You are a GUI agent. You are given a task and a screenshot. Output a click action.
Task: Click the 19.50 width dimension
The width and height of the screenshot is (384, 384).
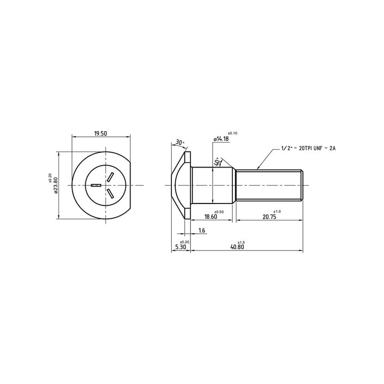click(x=101, y=133)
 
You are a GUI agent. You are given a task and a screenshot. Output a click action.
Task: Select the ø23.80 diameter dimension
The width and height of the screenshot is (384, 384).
click(x=56, y=185)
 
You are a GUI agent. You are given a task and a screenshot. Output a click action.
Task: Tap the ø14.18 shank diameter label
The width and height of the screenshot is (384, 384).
click(x=221, y=139)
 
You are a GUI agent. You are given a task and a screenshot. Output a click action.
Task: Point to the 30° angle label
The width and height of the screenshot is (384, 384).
click(x=180, y=142)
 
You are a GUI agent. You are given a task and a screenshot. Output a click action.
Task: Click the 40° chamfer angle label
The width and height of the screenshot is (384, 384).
click(x=217, y=162)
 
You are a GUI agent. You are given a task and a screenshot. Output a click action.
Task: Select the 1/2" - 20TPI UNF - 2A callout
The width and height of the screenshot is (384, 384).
click(x=308, y=148)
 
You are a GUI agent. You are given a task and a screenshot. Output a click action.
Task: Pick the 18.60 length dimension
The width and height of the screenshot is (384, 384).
click(x=211, y=217)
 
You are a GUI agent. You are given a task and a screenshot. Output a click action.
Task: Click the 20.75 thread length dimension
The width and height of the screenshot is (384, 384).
click(x=269, y=217)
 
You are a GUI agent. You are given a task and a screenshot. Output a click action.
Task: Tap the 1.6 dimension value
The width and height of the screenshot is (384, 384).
click(x=202, y=230)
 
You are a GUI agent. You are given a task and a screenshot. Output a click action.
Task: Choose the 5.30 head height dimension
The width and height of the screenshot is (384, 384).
click(x=181, y=247)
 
